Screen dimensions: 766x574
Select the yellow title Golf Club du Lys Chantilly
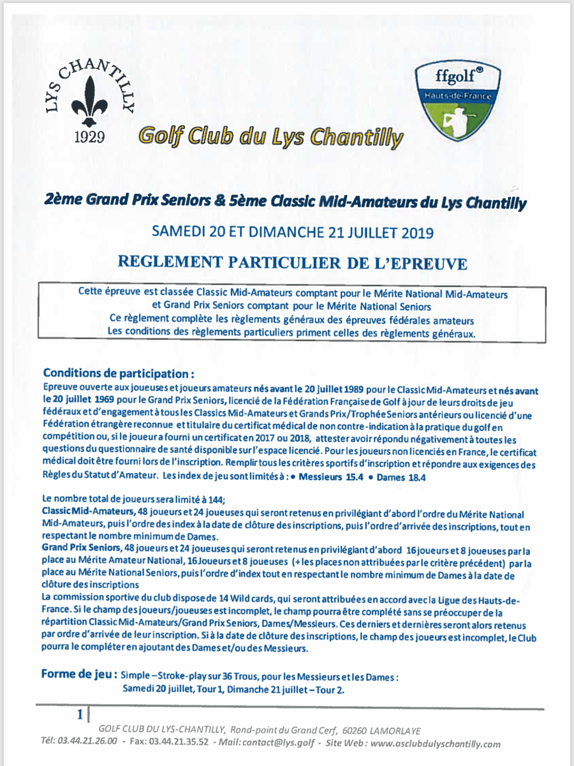pos(271,135)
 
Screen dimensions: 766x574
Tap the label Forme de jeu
pos(78,674)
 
